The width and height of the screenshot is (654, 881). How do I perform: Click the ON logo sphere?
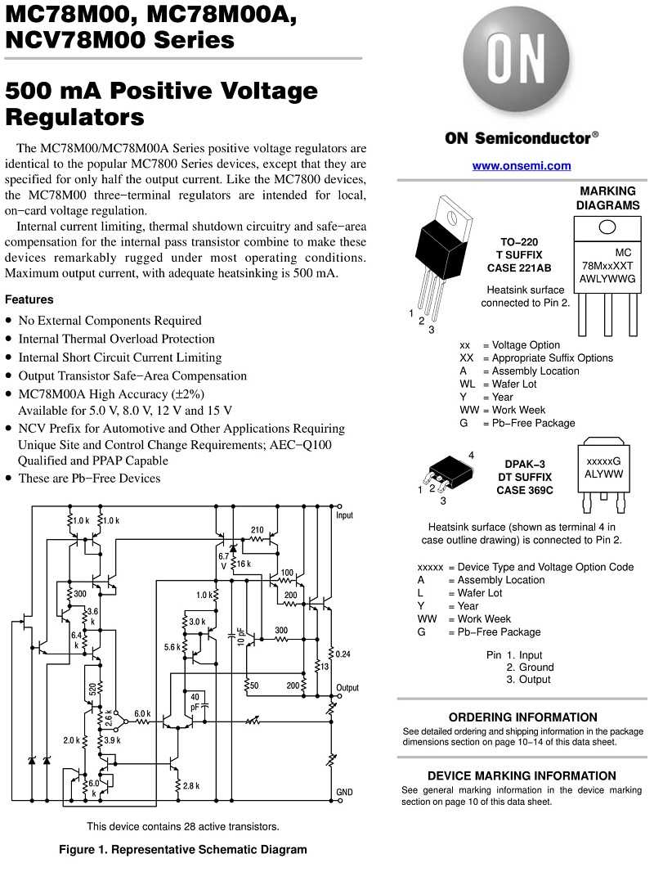point(516,59)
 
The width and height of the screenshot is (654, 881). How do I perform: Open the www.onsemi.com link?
point(522,166)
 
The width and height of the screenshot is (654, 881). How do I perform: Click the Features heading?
point(29,299)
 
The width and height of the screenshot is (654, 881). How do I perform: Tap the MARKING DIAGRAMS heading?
point(608,198)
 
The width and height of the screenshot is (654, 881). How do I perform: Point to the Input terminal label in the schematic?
point(345,515)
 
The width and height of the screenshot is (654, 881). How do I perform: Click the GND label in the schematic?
point(344,792)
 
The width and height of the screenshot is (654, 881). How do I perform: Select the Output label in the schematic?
point(347,688)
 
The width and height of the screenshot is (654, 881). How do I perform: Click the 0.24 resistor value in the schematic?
point(343,654)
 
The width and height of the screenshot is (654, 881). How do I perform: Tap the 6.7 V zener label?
point(223,560)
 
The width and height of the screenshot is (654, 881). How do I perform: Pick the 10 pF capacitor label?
point(240,636)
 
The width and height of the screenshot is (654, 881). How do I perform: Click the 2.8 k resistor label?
point(190,785)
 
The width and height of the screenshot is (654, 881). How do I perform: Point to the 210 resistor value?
point(258,530)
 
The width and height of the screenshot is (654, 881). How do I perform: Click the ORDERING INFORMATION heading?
point(522,717)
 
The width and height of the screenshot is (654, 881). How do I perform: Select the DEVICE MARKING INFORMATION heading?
point(522,775)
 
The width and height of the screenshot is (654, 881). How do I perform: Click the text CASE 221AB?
point(519,268)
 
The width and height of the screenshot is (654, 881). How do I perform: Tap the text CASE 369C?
point(525,490)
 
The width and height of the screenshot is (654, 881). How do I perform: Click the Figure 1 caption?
point(183,849)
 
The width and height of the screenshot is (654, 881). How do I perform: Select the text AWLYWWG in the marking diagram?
point(607,279)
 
